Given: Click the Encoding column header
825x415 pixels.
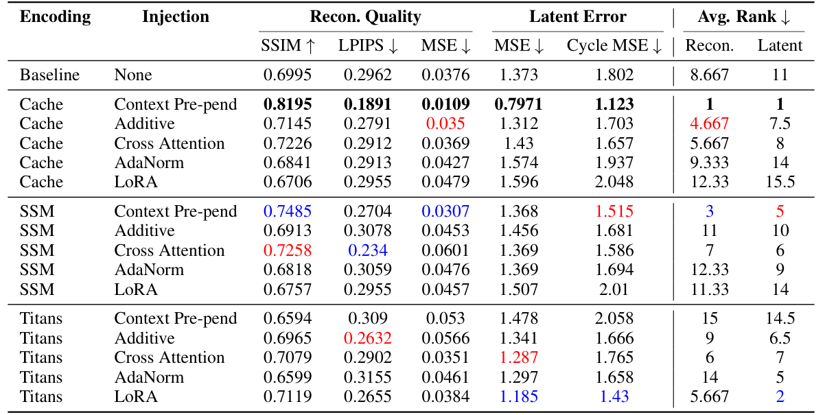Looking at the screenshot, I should tap(55, 16).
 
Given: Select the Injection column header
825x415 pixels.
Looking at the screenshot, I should tap(176, 16).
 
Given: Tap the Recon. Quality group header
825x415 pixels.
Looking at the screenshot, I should tap(365, 16).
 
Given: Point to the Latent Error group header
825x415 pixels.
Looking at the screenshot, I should tap(577, 16).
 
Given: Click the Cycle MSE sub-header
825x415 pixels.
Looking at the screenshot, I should tap(614, 46).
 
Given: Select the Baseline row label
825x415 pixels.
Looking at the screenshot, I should tap(49, 75).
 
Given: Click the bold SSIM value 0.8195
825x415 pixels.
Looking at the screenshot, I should tap(288, 104).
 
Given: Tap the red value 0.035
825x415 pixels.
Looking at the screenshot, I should tap(445, 123).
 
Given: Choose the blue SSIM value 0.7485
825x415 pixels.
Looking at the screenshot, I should tap(288, 211).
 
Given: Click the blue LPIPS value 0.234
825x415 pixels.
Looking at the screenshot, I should tap(368, 250).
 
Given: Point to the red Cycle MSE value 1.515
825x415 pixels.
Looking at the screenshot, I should tap(614, 211).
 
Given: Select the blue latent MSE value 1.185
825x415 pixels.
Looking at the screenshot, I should tap(519, 396).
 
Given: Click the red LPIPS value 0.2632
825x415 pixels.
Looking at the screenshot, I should tap(368, 338).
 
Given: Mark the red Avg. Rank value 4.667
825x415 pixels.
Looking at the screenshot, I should tap(710, 123).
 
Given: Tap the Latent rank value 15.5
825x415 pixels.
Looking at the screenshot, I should tap(780, 182).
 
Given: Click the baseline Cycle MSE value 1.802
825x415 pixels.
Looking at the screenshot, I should tap(614, 75).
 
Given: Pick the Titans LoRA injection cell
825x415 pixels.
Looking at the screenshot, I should tap(136, 396).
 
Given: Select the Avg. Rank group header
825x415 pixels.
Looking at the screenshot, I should tap(744, 16).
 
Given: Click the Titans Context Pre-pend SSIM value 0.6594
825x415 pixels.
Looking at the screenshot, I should tap(288, 318).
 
